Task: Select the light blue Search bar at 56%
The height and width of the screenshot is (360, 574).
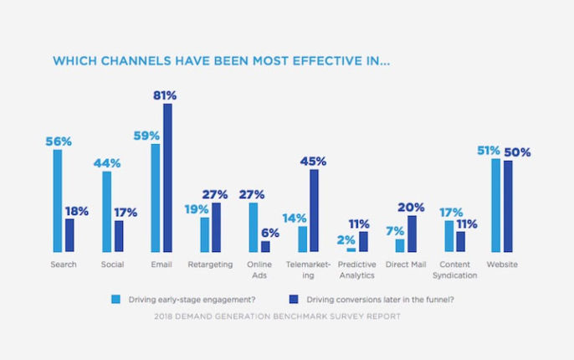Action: pos(58,201)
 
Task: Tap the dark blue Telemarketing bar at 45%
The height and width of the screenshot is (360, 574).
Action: pos(314,210)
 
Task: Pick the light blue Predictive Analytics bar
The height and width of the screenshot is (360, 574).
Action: pos(351,249)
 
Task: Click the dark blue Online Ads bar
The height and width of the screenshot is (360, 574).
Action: pos(265,246)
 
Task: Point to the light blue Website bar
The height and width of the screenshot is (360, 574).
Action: pos(496,205)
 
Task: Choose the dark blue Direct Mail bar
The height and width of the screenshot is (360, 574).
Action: pos(412,234)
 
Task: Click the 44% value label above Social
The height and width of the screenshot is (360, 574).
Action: pos(105,163)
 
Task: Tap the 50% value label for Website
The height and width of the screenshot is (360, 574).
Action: pos(516,152)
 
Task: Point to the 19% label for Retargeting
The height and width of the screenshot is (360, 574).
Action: pos(198,209)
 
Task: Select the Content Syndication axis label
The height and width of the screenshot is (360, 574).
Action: pos(455,270)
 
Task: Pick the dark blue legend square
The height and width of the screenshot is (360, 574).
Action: pos(293,298)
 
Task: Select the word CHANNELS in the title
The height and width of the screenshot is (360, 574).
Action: pos(126,61)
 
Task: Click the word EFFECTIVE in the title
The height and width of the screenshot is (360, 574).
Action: pos(325,61)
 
